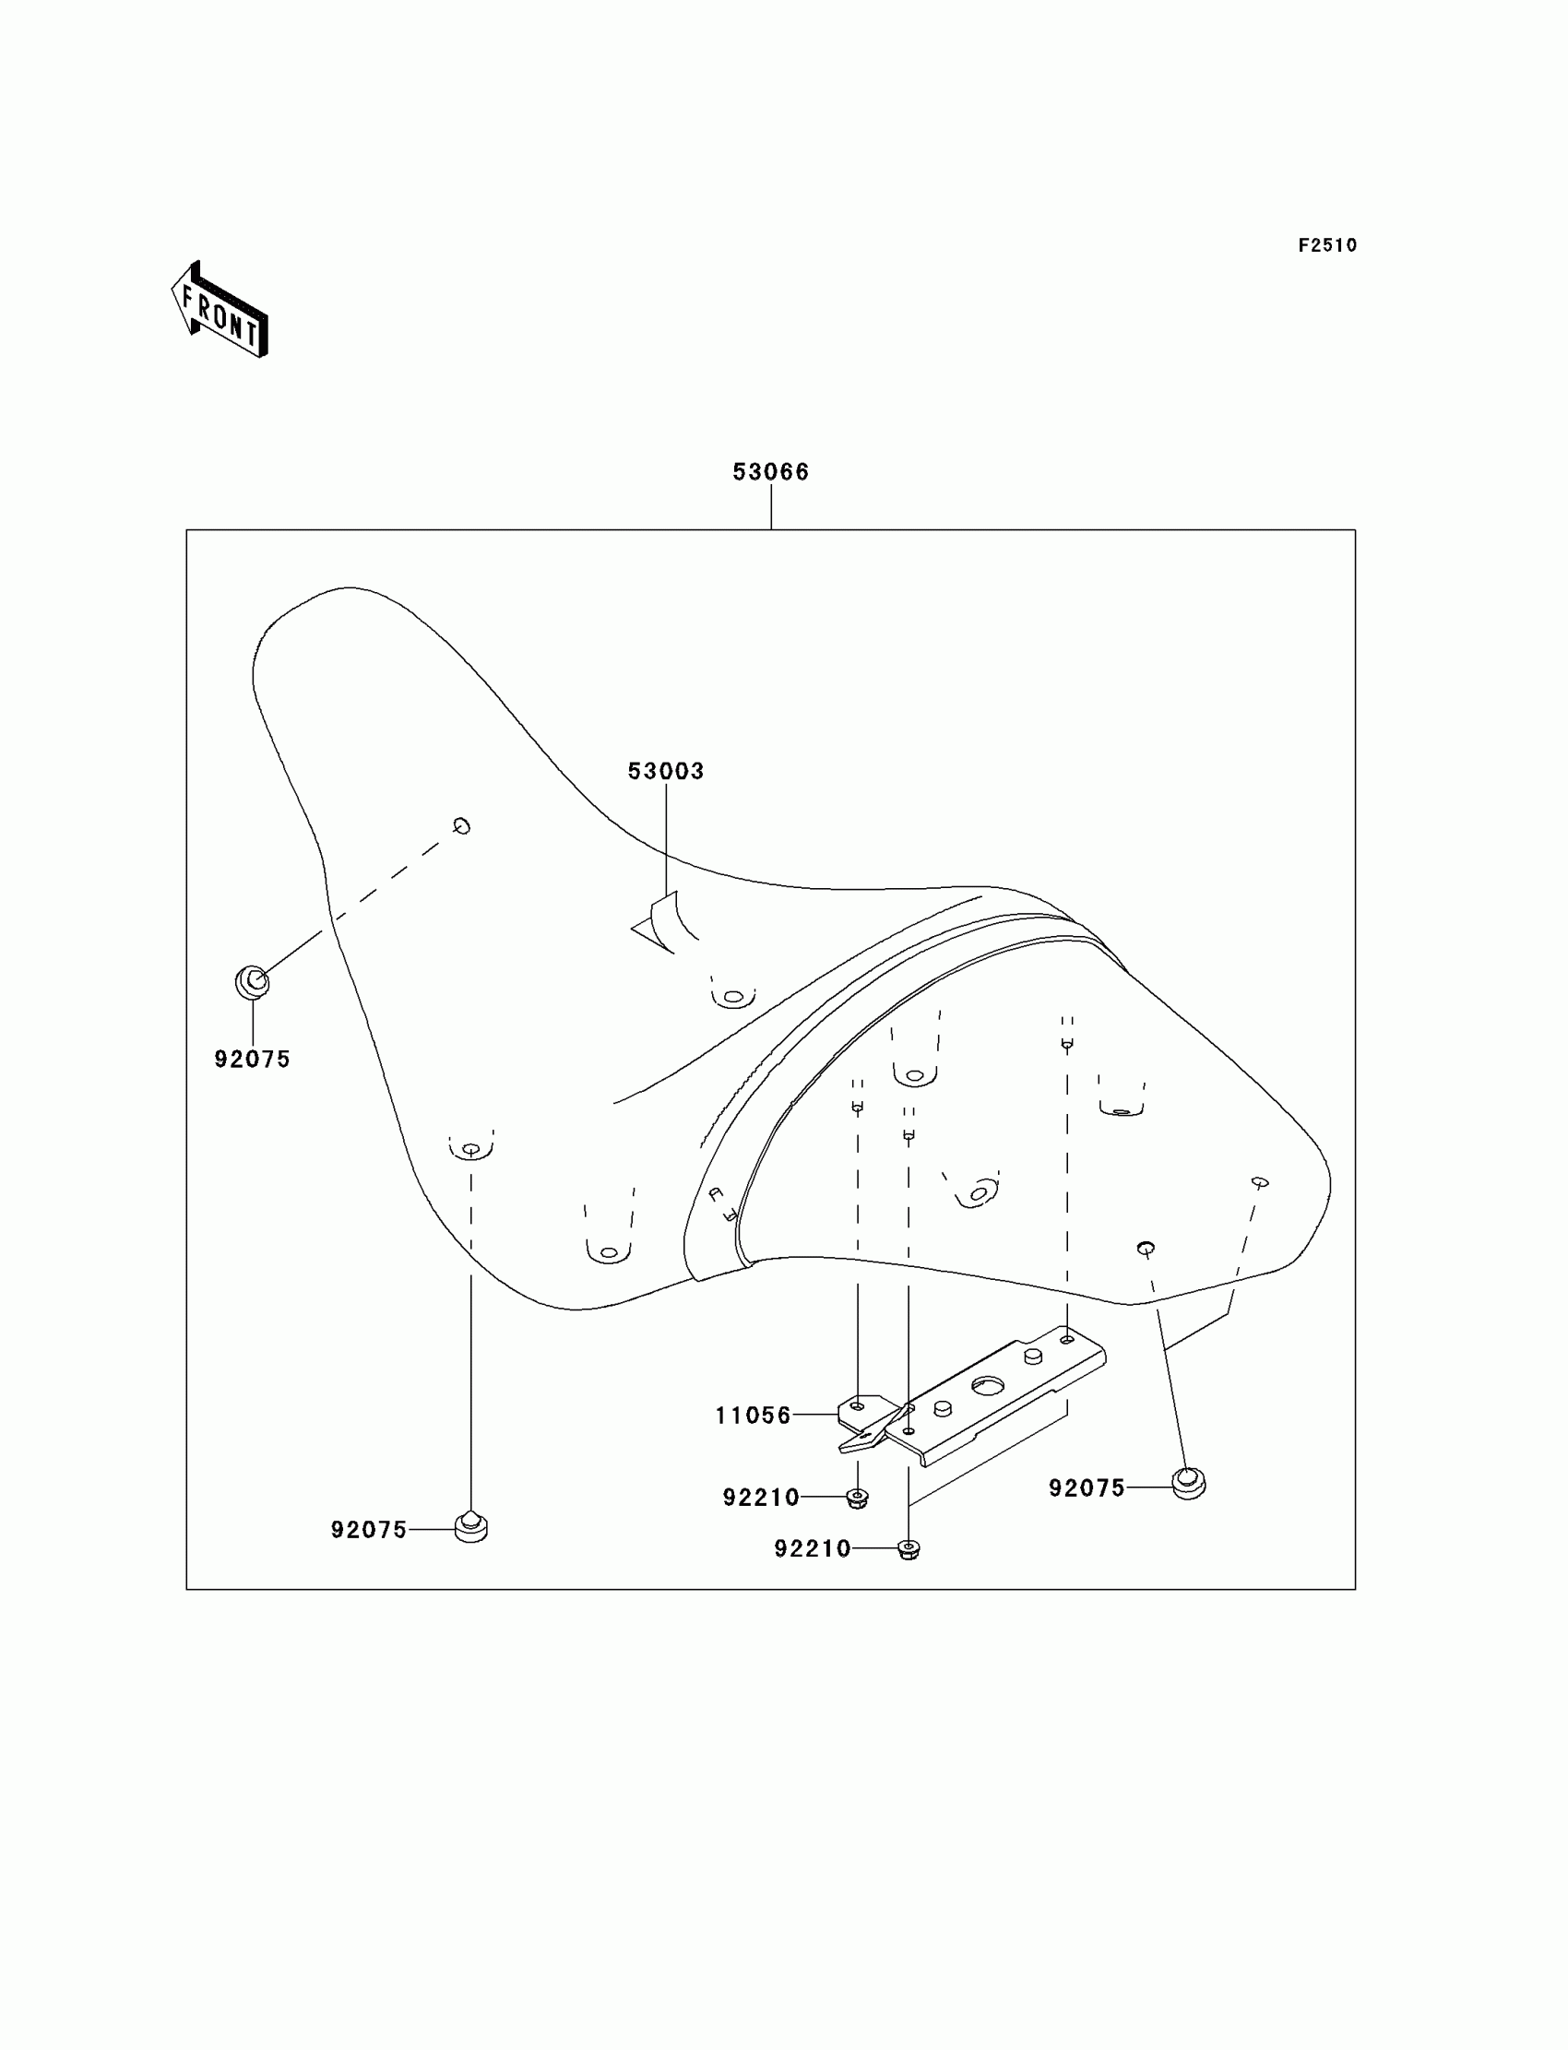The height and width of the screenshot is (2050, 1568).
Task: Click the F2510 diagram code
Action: pos(1327,245)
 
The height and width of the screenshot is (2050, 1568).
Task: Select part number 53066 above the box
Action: pos(771,472)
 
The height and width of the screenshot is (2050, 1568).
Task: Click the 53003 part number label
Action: pos(665,772)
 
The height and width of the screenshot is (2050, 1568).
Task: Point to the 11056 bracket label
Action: pos(754,1416)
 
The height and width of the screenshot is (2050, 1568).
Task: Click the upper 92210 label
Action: pos(761,1498)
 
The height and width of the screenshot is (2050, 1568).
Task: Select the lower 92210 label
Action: pos(812,1549)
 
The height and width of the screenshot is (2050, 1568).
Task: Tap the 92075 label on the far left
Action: pos(252,1059)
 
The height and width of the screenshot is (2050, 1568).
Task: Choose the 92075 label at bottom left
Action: pos(369,1530)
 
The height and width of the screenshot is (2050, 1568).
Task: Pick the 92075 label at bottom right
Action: pos(1087,1488)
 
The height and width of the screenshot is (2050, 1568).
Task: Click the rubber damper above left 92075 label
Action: pos(252,982)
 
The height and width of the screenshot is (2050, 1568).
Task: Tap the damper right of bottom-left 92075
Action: pos(471,1526)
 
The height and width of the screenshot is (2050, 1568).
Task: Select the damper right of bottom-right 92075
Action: pos(1188,1483)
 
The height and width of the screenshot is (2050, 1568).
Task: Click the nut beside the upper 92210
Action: pos(858,1498)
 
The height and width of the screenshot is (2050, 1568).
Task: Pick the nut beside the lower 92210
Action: pos(909,1550)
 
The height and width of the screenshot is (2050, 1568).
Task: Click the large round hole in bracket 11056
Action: pos(987,1386)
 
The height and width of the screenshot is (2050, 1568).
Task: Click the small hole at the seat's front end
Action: pos(461,825)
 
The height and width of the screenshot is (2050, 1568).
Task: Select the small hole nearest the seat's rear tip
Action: pos(1260,1183)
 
